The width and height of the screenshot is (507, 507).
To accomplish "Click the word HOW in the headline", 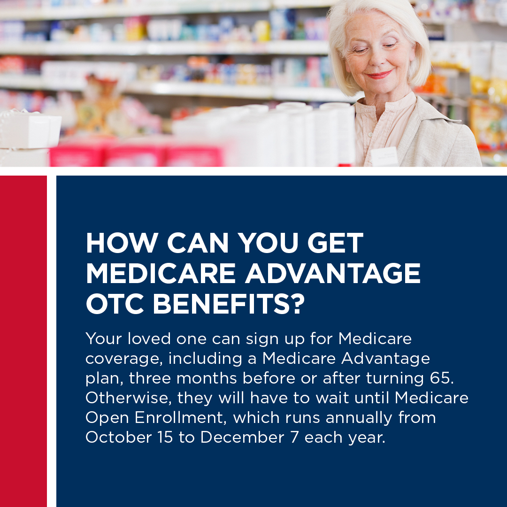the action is click(122, 243).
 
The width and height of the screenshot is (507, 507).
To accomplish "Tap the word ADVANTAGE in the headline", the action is click(333, 273).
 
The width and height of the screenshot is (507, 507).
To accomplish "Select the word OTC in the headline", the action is click(115, 304).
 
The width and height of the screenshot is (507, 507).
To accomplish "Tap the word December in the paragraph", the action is click(242, 437).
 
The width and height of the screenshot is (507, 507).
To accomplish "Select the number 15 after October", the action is click(165, 437).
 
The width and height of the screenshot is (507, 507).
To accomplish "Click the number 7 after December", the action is click(294, 437).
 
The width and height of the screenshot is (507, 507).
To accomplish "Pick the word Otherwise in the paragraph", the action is click(128, 398).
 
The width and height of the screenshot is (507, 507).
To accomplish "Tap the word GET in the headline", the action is click(335, 243).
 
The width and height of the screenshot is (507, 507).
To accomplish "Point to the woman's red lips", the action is click(379, 75).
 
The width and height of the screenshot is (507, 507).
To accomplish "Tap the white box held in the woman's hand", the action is click(384, 157).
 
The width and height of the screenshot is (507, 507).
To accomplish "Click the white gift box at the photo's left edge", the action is click(30, 130).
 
